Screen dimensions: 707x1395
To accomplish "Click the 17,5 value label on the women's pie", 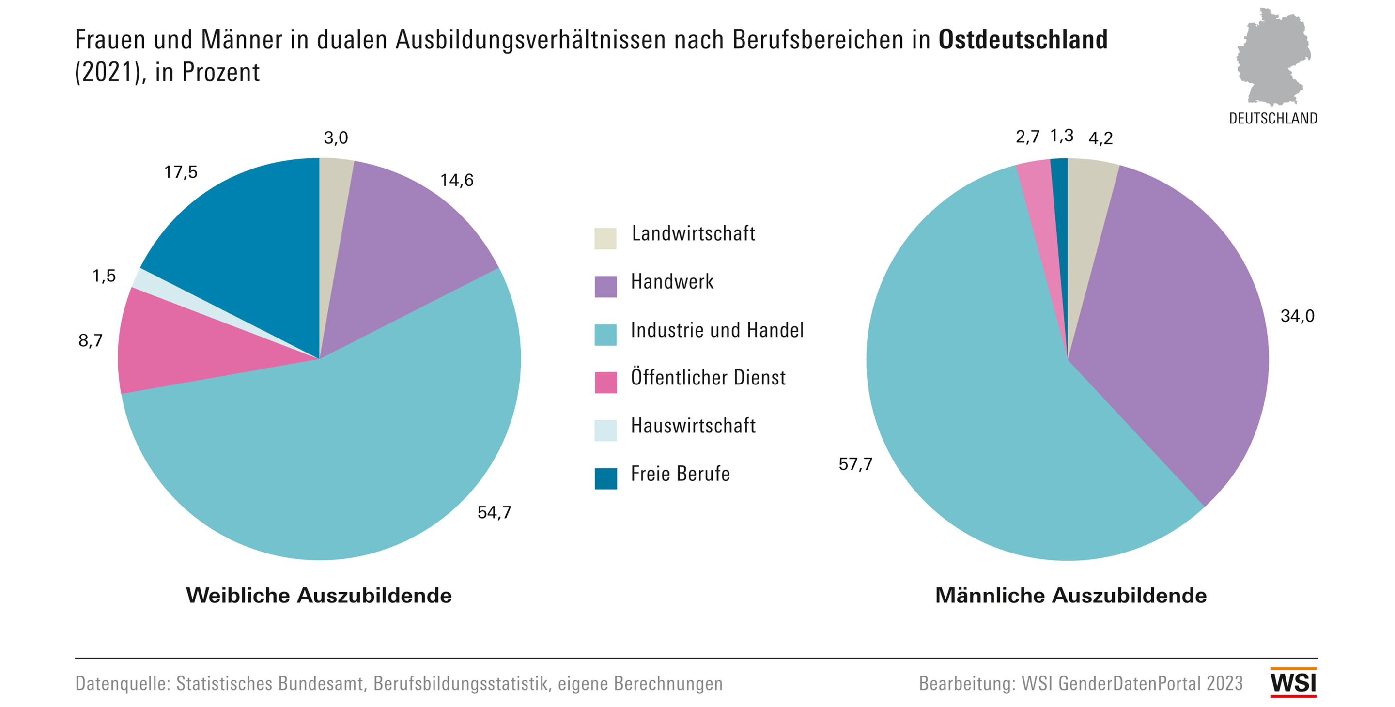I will point(181,172).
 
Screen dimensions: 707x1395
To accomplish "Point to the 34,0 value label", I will point(1297,316).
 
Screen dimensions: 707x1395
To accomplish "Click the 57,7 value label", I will point(855,464).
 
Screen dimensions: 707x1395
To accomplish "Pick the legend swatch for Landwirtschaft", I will point(605,238).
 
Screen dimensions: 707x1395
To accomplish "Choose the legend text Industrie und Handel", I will point(717,330).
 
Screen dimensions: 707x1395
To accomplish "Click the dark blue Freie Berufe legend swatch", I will point(605,478).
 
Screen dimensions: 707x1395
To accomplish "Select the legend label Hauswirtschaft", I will point(693,426).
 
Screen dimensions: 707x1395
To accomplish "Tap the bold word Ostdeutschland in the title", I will point(1023,40).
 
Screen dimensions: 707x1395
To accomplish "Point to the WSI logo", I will point(1293,682).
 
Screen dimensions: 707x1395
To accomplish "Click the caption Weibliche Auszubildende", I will point(319,596).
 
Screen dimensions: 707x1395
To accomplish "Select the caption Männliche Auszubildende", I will point(1070,596).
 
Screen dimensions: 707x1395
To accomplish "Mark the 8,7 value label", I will point(91,340).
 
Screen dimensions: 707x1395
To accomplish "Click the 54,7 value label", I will point(494,512).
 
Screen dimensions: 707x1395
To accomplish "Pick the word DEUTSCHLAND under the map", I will point(1272,119).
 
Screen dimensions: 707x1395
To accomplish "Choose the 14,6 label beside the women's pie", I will point(456,180).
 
